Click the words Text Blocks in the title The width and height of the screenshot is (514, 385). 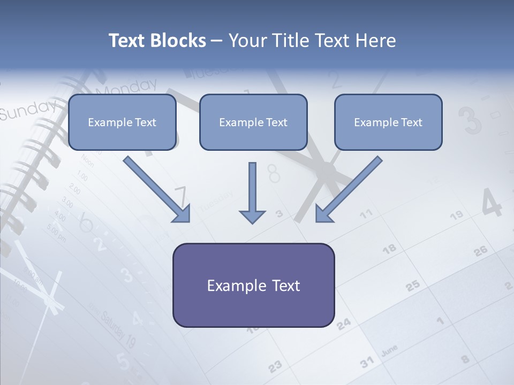pyautogui.click(x=157, y=41)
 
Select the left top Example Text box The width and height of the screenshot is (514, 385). pyautogui.click(x=122, y=122)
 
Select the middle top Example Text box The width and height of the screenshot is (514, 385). pyautogui.click(x=253, y=122)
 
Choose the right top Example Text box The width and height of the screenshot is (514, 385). pyautogui.click(x=388, y=122)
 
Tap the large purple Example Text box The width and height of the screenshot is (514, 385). pyautogui.click(x=253, y=286)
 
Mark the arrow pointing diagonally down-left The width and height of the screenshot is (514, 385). pyautogui.click(x=348, y=190)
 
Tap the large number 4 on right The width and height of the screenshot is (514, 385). pyautogui.click(x=491, y=203)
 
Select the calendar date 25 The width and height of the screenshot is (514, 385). pyautogui.click(x=412, y=286)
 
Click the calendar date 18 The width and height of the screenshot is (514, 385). pyautogui.click(x=389, y=249)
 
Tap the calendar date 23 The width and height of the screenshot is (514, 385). pyautogui.click(x=275, y=366)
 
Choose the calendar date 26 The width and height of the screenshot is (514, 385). pyautogui.click(x=480, y=250)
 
